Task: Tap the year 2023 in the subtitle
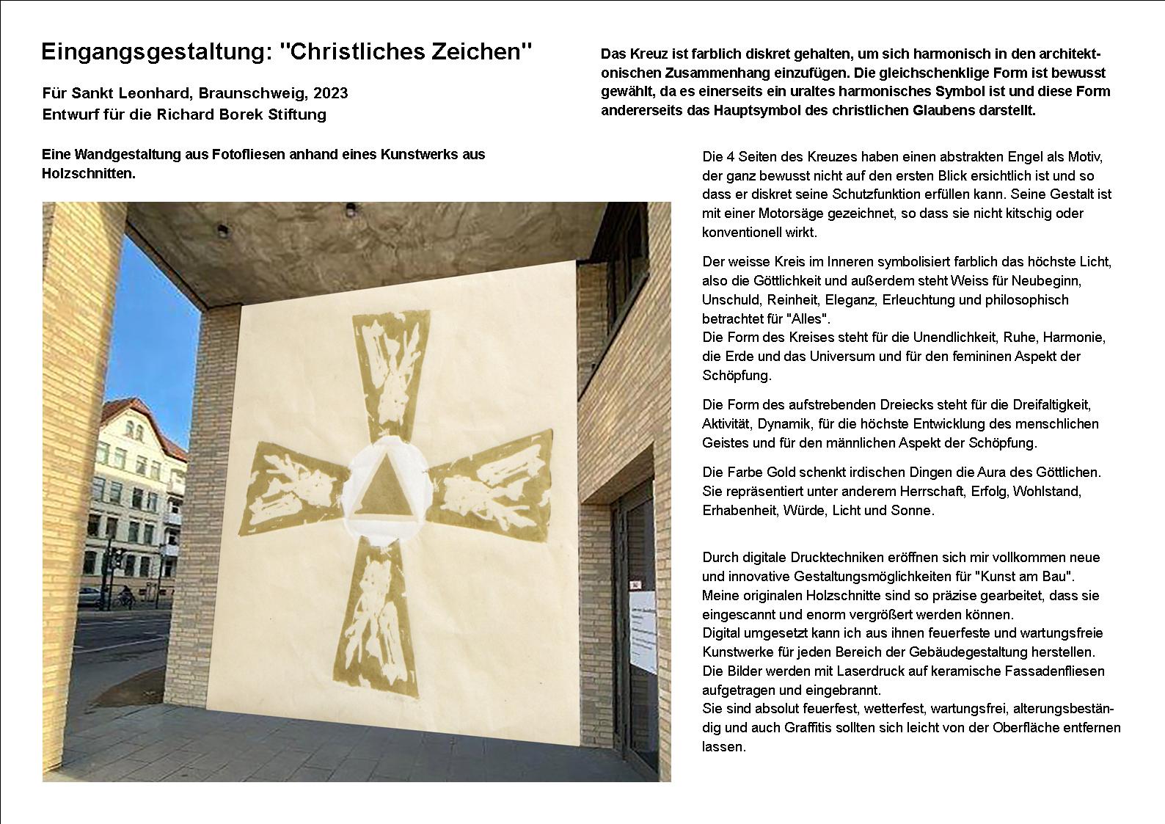point(331,93)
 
